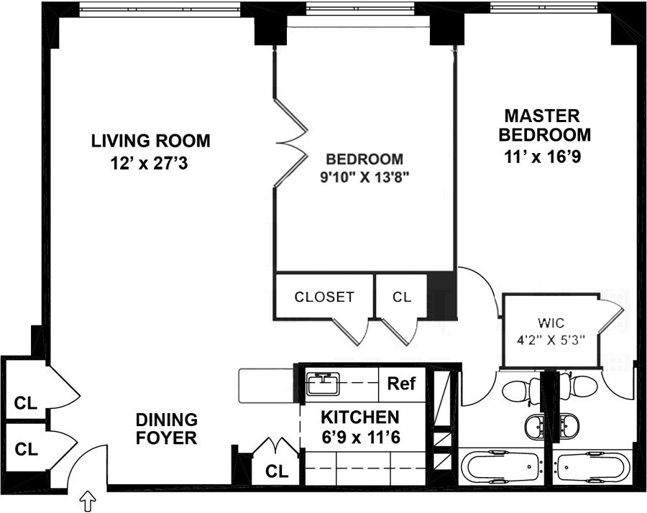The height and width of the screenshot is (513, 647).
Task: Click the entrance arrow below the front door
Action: coord(88,502)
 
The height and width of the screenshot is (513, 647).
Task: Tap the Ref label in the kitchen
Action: coord(401,384)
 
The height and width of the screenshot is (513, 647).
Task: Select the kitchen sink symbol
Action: coord(323,383)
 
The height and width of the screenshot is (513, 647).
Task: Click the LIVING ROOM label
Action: coord(151,141)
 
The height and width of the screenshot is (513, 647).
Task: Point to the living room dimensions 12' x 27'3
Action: coord(149,164)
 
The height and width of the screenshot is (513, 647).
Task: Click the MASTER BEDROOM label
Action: coord(545,125)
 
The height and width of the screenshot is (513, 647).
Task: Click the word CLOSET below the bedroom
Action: coord(324,297)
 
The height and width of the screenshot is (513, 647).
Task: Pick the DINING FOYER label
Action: coord(167,429)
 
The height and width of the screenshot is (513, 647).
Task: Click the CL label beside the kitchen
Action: coord(277,471)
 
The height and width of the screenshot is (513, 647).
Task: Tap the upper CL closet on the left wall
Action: coord(26,403)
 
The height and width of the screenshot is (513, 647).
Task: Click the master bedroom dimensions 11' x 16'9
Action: coord(542,157)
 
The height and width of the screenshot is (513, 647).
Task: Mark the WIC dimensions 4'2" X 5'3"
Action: coord(551,340)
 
